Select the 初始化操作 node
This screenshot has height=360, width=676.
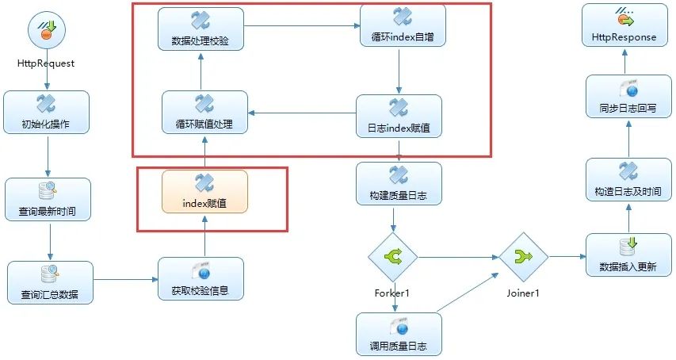[46, 112]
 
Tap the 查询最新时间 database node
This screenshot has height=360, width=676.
[48, 199]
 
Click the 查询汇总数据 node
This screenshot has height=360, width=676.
[50, 282]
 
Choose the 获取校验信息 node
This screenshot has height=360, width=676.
[201, 278]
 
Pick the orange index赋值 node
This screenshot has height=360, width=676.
[204, 191]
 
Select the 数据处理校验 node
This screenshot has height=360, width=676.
[201, 29]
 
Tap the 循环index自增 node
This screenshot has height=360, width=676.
[403, 25]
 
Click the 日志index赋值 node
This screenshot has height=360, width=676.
[399, 116]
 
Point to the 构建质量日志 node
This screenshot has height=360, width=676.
[399, 183]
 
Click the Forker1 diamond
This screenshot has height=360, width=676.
[392, 256]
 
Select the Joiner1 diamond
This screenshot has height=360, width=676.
[523, 256]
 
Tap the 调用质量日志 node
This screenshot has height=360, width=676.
[399, 334]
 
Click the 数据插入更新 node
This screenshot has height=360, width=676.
[628, 255]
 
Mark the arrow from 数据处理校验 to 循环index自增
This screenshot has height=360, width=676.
[301, 26]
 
